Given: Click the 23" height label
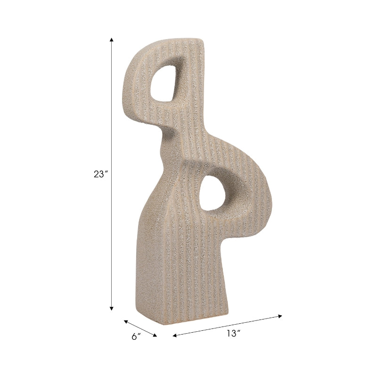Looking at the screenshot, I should pos(100,174).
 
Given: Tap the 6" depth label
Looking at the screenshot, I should pos(136,336).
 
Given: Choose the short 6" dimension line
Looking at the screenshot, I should pos(140,328).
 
